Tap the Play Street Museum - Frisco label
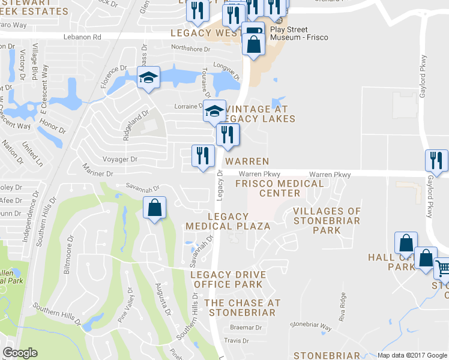(x=289, y=33)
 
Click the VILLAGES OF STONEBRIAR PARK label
(x=327, y=220)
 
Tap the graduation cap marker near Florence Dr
(x=148, y=78)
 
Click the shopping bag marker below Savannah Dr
(x=155, y=208)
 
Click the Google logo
(x=20, y=353)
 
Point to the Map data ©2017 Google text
(x=412, y=355)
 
